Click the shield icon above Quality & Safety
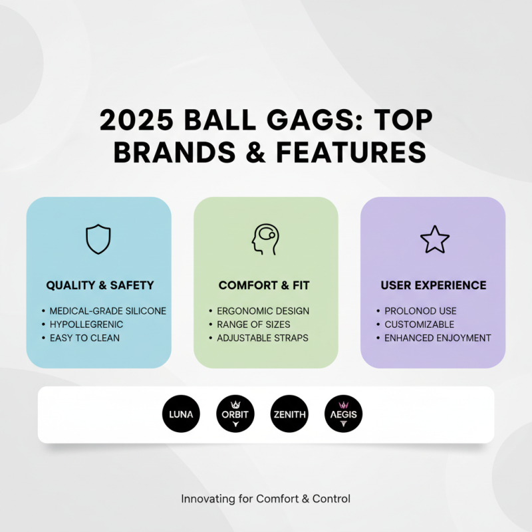[x=98, y=239]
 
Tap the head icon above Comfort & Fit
[x=265, y=239]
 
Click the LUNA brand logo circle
[x=181, y=414]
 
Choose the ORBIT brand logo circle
[x=235, y=414]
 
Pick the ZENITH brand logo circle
[x=289, y=414]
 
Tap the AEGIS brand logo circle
[x=343, y=414]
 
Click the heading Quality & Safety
[x=100, y=285]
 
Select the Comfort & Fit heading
[x=264, y=285]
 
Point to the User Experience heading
[x=433, y=285]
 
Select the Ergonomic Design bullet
[x=263, y=311]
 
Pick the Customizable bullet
[x=419, y=325]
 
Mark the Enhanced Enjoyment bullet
[x=438, y=338]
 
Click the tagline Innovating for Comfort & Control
[x=265, y=498]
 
